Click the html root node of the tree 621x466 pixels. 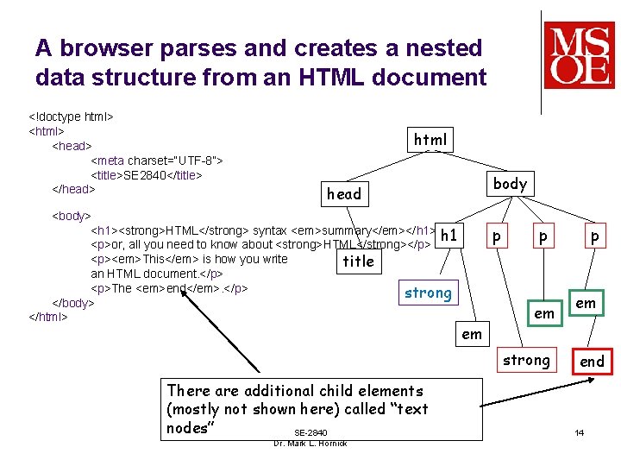[x=430, y=139]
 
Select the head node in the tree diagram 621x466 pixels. [x=344, y=194]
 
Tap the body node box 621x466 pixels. [x=510, y=183]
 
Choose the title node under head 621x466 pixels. [x=358, y=261]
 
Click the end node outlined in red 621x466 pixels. [x=592, y=361]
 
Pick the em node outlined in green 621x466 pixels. [x=586, y=303]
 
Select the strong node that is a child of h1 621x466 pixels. [x=428, y=293]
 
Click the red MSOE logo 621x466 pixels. [x=579, y=55]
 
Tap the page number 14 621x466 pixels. [x=580, y=431]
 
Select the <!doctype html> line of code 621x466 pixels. [x=72, y=116]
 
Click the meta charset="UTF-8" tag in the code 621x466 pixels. [x=157, y=161]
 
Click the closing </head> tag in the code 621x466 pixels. [x=73, y=189]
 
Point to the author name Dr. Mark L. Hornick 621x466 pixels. [x=310, y=444]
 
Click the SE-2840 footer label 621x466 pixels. [x=310, y=432]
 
